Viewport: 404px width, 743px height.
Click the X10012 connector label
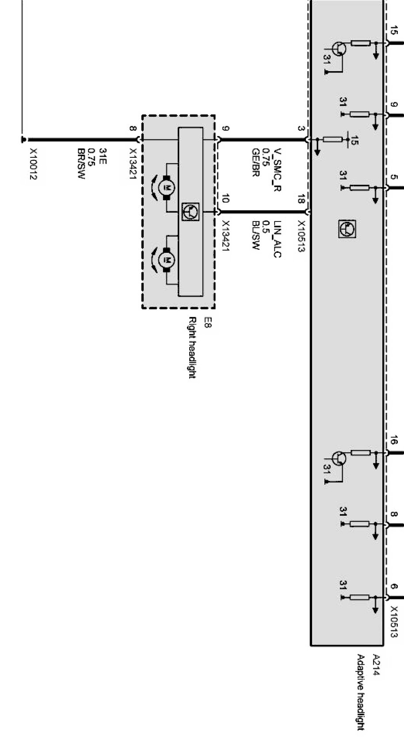(33, 164)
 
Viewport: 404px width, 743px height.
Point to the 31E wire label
(103, 156)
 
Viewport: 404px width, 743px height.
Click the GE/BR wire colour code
(255, 163)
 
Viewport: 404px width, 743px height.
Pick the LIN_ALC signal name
(277, 239)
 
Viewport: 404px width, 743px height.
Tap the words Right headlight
(192, 347)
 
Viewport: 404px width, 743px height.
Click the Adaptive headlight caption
(360, 692)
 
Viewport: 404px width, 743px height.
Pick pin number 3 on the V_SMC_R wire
(301, 129)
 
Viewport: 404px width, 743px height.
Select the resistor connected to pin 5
(359, 187)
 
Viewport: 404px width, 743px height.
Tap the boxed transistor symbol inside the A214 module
(347, 229)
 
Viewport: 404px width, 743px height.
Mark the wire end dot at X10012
(23, 140)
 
